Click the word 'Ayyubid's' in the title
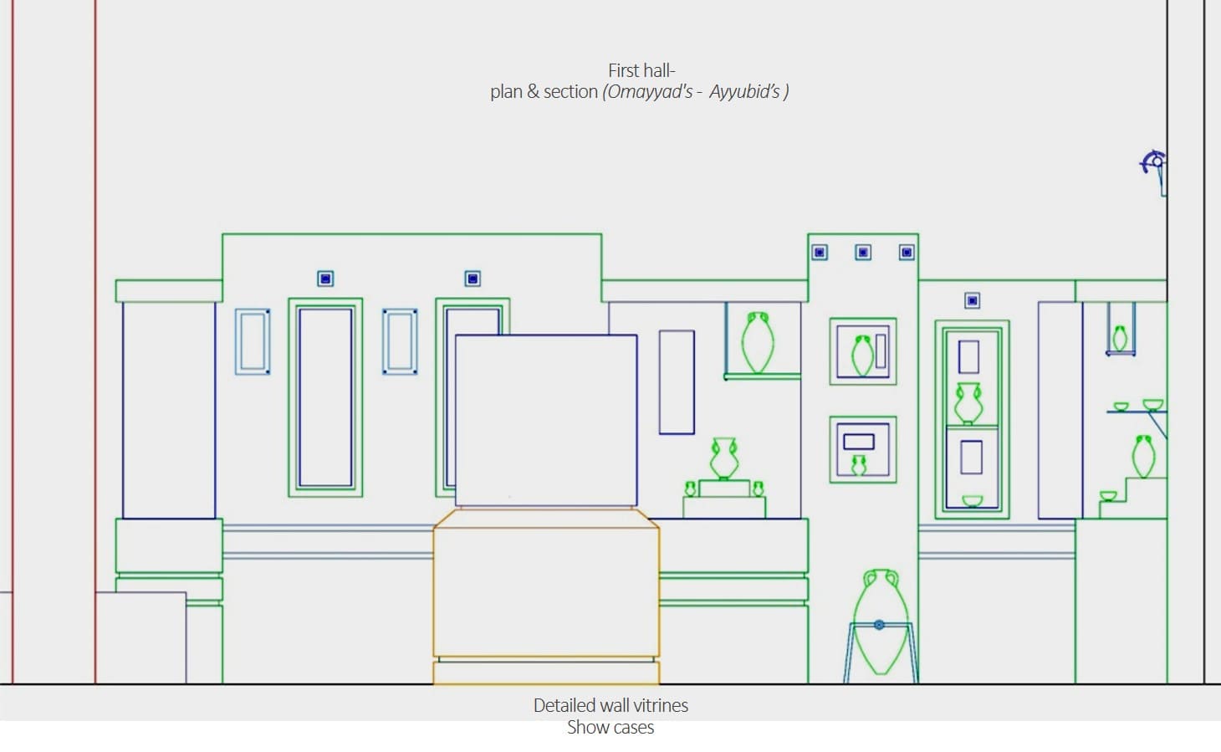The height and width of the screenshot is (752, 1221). tap(744, 92)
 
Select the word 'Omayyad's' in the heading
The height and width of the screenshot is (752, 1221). tap(650, 92)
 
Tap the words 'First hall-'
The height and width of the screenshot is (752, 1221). tap(641, 70)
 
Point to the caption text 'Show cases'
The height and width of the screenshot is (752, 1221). tap(610, 728)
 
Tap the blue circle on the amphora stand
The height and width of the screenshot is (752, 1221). tap(879, 625)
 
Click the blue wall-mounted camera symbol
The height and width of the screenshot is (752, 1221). tap(1154, 162)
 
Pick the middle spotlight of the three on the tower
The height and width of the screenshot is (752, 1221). tap(863, 252)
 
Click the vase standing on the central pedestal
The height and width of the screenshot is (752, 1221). tap(724, 458)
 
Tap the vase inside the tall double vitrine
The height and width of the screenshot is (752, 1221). tap(968, 402)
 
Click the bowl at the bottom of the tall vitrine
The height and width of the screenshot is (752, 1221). tap(972, 500)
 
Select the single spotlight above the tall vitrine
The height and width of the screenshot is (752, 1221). tap(972, 300)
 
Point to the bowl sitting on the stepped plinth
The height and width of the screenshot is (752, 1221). tap(1108, 496)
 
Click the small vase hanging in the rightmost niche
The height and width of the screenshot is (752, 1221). tap(1120, 337)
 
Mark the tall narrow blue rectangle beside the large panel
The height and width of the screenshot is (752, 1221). tap(677, 382)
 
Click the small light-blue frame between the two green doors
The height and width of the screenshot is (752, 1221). tap(400, 341)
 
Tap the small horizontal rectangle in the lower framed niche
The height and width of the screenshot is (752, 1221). tap(859, 441)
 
